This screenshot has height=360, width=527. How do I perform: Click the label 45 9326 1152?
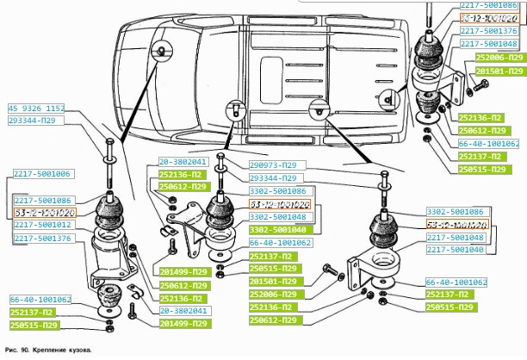pyautogui.click(x=36, y=109)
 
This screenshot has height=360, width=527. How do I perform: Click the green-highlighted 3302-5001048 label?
pyautogui.click(x=278, y=230)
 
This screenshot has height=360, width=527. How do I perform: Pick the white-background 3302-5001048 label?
pyautogui.click(x=278, y=217)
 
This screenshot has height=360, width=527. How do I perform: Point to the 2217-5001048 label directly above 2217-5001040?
pyautogui.click(x=456, y=236)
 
